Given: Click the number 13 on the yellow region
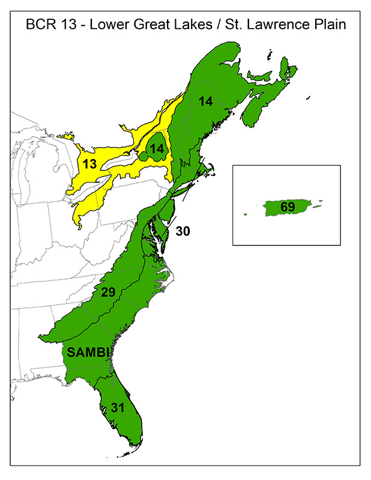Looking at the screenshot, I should pos(89,163).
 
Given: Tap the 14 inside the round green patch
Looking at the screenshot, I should pos(157,149).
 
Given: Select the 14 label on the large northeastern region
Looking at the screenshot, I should pos(206,101).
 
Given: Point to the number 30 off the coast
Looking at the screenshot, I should pos(183,230).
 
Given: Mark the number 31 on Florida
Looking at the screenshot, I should pos(118,407).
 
